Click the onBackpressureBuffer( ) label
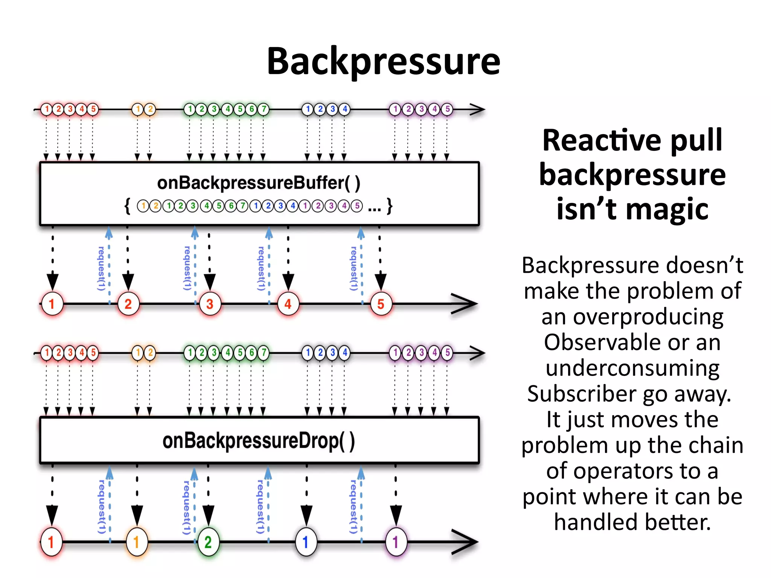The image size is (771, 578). coord(259,183)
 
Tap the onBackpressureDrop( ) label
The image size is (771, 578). coord(259,441)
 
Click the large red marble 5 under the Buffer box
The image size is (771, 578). coord(381,304)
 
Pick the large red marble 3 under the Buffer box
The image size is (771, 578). coord(210,304)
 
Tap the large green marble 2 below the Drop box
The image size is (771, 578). coord(208,542)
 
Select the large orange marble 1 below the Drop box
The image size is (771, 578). coord(137,542)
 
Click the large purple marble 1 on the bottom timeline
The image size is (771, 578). coord(396,542)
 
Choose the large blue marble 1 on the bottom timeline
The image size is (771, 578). coord(306,542)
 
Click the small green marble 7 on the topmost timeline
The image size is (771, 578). coord(264,110)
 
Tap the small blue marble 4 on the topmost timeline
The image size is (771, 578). coord(344,110)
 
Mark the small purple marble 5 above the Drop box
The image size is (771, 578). coord(447,353)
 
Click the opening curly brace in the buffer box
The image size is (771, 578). coord(128,206)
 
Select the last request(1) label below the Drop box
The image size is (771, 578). coord(353,507)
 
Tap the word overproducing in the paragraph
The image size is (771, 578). coord(632,317)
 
